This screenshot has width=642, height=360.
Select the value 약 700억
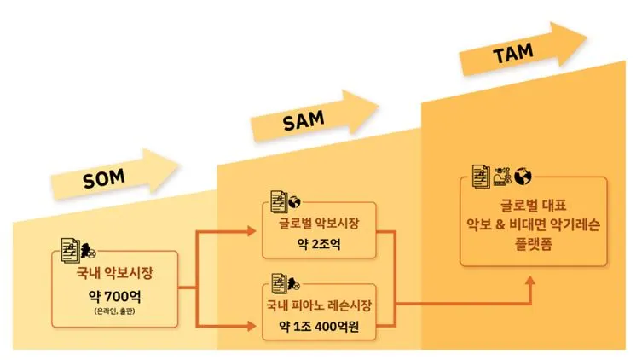click(114, 298)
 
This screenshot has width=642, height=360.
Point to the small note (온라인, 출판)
click(114, 312)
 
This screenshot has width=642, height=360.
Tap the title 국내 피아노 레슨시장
click(318, 304)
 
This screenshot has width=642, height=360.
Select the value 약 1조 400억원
click(318, 326)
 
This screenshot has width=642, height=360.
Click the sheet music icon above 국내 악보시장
click(68, 248)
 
